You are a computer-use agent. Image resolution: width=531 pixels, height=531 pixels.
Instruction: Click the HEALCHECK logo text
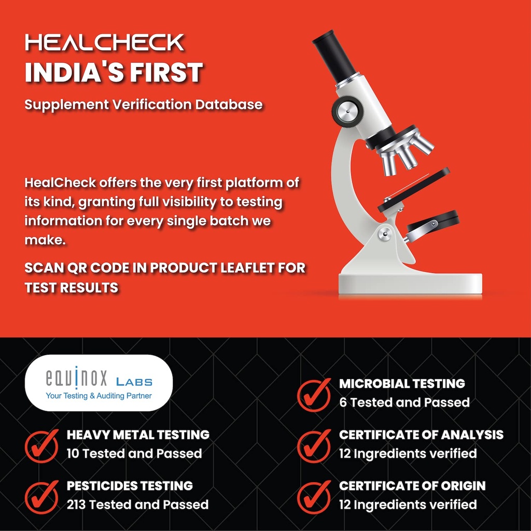pos(105,43)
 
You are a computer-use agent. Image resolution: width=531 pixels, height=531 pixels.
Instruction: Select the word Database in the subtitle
pos(229,104)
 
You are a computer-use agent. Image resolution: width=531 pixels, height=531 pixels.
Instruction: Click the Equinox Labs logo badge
pos(99,383)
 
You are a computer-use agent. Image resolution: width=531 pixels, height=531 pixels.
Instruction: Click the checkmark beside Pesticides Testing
pos(41,497)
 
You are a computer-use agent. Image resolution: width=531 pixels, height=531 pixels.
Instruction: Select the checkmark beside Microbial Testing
pos(314,395)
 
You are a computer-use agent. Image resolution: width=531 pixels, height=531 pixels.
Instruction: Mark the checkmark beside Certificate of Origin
pos(314,497)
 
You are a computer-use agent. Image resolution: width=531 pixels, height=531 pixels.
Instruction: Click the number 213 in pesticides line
pos(76,505)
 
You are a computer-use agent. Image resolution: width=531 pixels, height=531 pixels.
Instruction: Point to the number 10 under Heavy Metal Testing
pos(73,453)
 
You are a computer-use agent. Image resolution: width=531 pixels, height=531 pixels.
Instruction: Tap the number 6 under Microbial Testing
pos(343,402)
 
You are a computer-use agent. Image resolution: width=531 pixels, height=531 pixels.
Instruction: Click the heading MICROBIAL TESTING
pos(402,383)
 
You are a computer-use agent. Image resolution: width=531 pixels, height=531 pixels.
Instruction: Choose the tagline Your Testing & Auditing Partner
pos(99,396)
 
